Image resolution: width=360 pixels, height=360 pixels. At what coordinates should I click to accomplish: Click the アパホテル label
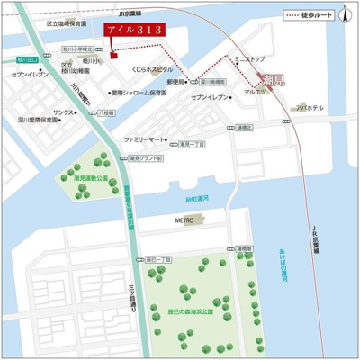pos(310,107)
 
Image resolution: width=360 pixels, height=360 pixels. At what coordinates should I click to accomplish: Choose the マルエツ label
pos(256,91)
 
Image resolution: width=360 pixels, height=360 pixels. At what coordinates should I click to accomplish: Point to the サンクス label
pos(64,112)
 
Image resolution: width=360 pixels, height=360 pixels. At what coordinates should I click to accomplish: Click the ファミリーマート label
pos(146,140)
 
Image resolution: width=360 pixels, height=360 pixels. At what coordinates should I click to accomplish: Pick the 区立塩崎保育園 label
pos(67,23)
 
